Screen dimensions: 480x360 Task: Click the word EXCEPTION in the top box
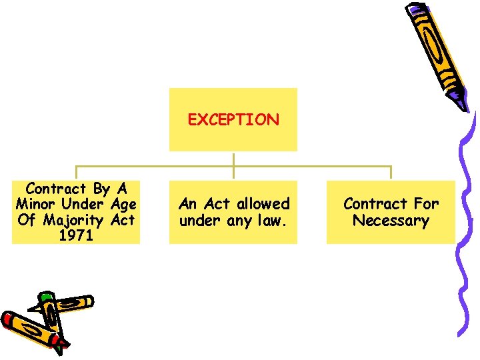coord(233,120)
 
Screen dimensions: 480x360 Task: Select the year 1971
coord(76,235)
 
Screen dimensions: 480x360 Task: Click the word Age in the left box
coord(123,204)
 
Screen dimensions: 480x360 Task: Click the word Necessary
coord(391,220)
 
